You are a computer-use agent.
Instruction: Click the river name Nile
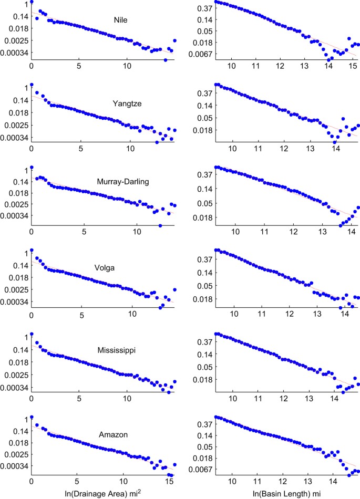[121, 21]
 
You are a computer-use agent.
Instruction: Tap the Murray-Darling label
[123, 182]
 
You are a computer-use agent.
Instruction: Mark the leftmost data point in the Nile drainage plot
[32, 2]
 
